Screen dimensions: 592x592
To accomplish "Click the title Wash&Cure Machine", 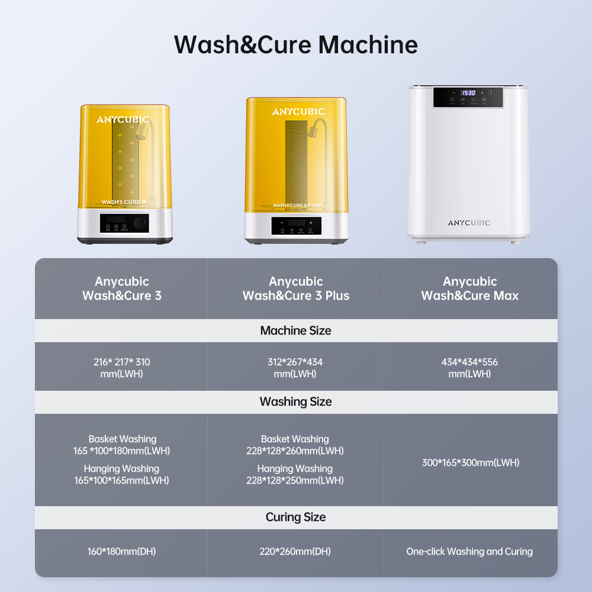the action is pos(295,45).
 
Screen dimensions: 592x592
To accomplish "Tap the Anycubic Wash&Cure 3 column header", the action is pos(121,288).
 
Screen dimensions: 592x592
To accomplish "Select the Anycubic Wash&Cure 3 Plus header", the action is pos(295,288).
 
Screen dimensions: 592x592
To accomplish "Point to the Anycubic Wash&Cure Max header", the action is pos(469,288).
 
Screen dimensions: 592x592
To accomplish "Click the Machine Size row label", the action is pos(295,330).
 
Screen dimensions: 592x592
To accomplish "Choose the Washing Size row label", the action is pos(295,402).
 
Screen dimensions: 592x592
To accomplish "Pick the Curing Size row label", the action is pos(295,517).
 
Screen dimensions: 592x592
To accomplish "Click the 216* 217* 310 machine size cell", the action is pos(121,368).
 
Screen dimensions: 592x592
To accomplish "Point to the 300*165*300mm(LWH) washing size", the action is pos(471,462).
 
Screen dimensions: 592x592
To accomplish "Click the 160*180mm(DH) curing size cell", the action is pos(121,551).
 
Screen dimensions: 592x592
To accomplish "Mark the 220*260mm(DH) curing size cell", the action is pos(295,551).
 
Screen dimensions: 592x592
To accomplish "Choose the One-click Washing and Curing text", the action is pos(469,552).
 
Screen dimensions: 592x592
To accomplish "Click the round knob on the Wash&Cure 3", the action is pos(140,223).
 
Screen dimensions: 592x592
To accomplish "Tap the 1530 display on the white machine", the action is pos(468,93).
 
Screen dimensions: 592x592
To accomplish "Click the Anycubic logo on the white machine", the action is pos(469,223).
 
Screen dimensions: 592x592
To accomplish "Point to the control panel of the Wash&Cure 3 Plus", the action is pos(297,226).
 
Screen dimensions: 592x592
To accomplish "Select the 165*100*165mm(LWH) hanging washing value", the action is pos(121,480).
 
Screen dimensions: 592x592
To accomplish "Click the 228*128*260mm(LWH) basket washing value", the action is pos(295,451).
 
